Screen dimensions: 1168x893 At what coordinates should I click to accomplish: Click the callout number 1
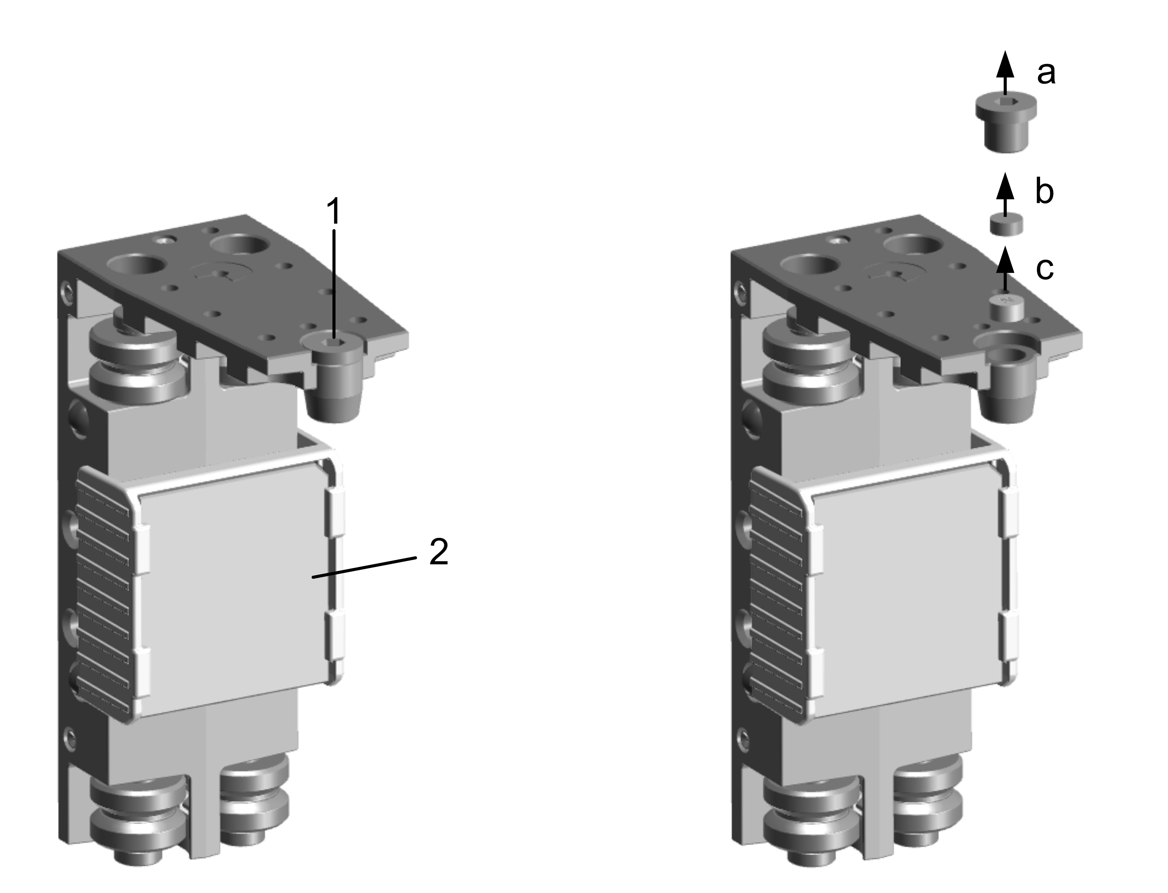tap(334, 211)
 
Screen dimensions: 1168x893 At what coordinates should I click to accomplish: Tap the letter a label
tap(1046, 73)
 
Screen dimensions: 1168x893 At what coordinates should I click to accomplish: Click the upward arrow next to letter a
tap(1005, 73)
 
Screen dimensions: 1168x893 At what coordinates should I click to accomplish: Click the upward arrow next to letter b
tap(1005, 194)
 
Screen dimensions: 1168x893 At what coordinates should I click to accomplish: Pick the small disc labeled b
tap(1006, 224)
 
